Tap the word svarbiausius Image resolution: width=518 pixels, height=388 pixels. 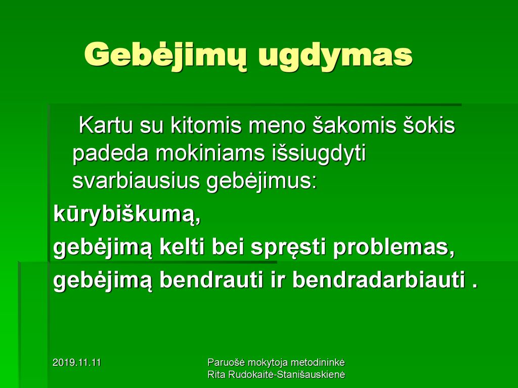[136, 181]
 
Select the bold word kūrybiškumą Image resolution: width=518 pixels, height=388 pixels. [127, 215]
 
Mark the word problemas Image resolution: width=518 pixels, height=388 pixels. [394, 249]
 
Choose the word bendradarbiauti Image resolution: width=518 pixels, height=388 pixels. [378, 280]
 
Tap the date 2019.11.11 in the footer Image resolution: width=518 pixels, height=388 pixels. [77, 363]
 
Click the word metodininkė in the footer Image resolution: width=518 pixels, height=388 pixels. [317, 363]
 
